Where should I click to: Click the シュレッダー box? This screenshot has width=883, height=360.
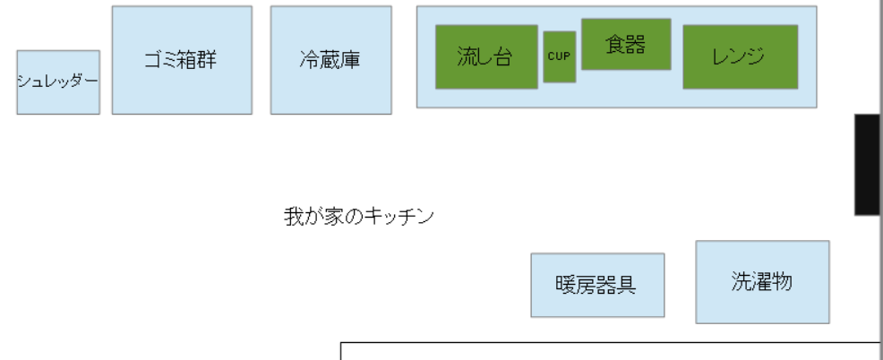[58, 82]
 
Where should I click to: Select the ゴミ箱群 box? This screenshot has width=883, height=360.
[182, 60]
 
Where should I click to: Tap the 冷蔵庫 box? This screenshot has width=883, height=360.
[331, 60]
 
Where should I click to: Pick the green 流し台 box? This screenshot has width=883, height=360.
[486, 57]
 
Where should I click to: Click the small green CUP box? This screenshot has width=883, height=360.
[559, 57]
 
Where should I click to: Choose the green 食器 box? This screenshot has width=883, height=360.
[626, 45]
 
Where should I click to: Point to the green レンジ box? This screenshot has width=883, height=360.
[741, 57]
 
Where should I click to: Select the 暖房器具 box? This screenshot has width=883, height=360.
[597, 285]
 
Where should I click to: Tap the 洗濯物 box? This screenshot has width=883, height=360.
[762, 282]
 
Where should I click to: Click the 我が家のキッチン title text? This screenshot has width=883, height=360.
[359, 217]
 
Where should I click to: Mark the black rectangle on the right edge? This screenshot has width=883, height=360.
[867, 165]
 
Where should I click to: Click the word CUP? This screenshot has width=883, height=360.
[559, 56]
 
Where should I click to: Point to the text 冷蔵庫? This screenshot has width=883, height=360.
[330, 60]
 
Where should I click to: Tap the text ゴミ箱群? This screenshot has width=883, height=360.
[180, 59]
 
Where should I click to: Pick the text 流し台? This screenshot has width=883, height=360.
[484, 56]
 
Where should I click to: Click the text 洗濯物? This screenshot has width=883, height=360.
[762, 281]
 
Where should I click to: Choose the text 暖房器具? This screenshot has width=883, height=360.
[596, 285]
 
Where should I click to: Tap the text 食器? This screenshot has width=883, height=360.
[626, 44]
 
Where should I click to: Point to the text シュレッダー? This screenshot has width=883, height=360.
[58, 81]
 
